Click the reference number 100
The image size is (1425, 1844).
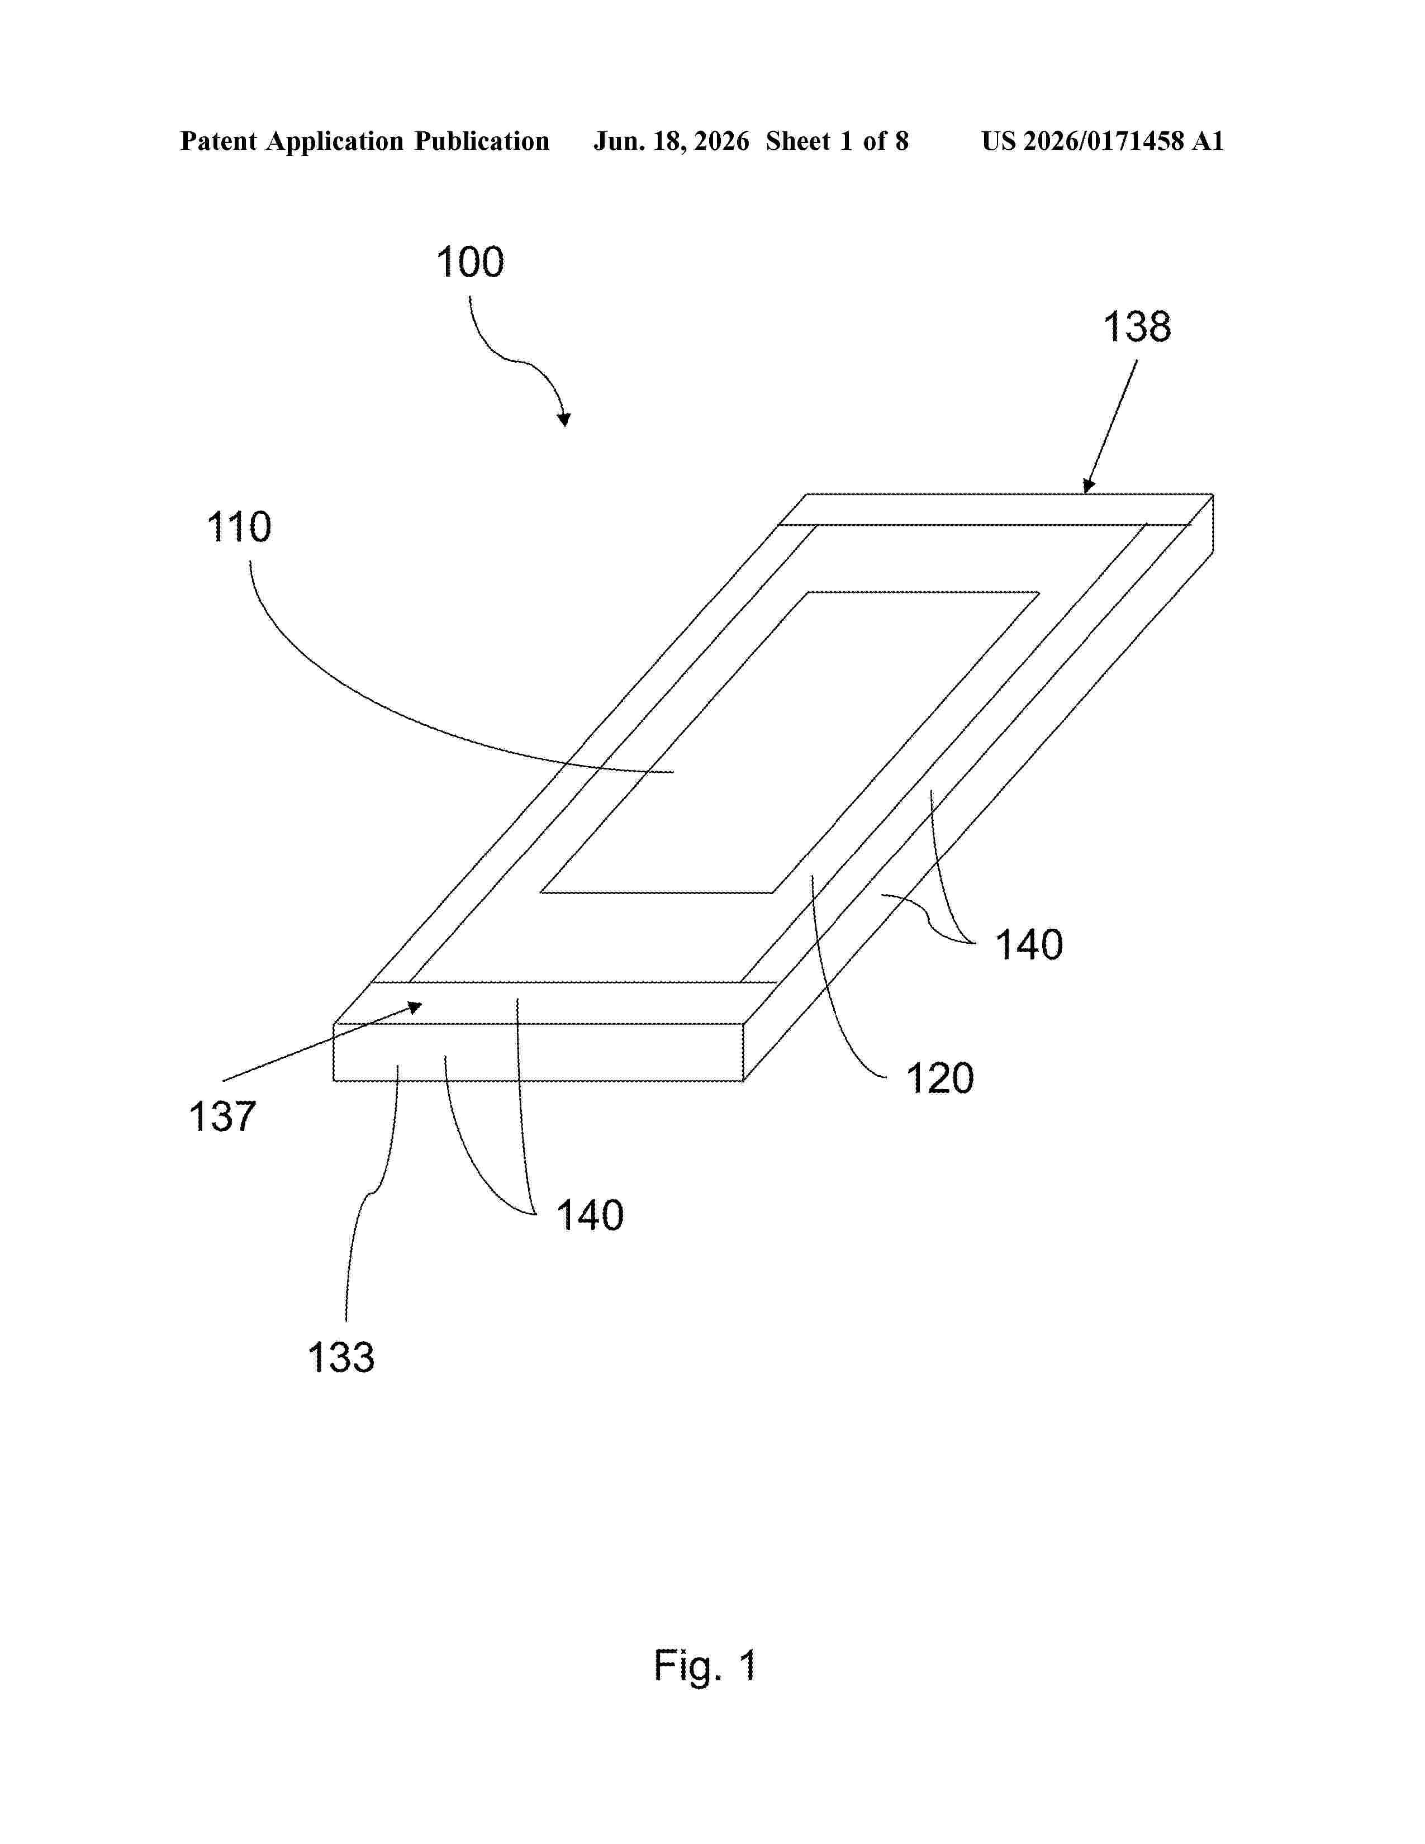(x=470, y=263)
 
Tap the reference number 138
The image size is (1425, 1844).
(x=1137, y=327)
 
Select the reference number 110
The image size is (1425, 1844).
(x=239, y=527)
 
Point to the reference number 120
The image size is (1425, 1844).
(x=939, y=1078)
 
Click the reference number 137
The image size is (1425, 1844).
(x=222, y=1116)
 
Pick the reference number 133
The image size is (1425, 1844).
(x=340, y=1358)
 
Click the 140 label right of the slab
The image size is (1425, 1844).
(x=1029, y=945)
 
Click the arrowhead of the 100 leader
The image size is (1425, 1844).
(x=564, y=420)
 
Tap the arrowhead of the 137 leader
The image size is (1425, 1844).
(x=415, y=1006)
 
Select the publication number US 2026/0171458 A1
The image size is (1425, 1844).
(x=1103, y=141)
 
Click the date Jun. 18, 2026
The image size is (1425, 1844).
(x=671, y=141)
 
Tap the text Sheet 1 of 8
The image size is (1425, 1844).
(x=837, y=141)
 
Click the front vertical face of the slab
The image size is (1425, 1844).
(x=539, y=1052)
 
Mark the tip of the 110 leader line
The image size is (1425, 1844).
(x=674, y=772)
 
